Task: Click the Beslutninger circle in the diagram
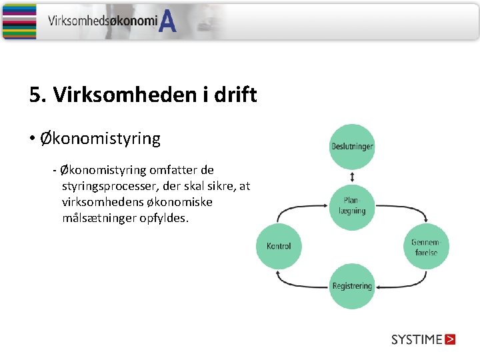[352, 147]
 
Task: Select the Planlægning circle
[352, 206]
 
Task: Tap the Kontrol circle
[279, 246]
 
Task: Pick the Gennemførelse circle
[425, 247]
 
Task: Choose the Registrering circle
[352, 287]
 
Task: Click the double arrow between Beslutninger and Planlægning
[352, 177]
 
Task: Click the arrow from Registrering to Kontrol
[300, 280]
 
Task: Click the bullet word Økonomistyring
[100, 139]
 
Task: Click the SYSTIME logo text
[417, 339]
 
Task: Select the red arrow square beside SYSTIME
[450, 339]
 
